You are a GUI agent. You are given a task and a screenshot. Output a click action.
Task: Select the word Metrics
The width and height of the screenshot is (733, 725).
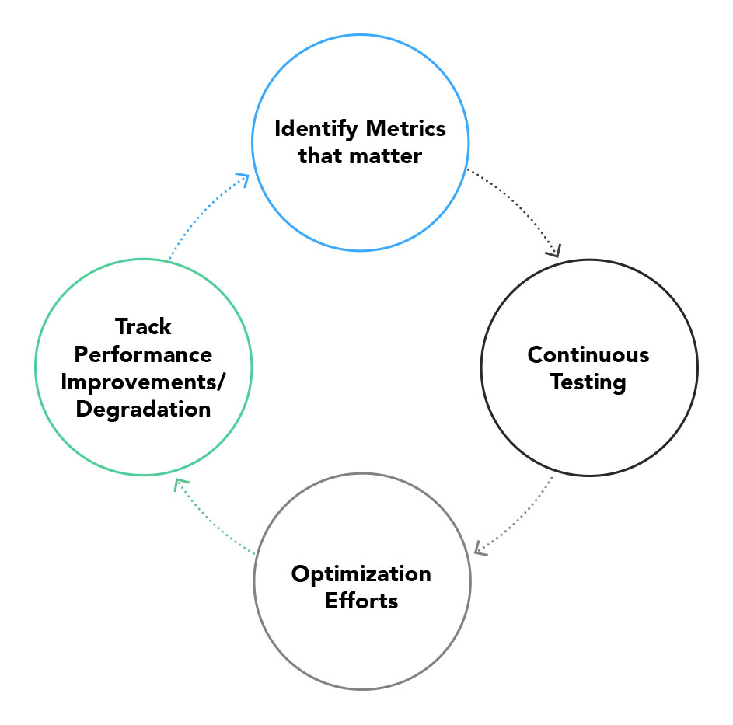pyautogui.click(x=406, y=128)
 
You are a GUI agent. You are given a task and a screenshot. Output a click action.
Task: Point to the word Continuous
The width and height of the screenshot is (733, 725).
pyautogui.click(x=588, y=355)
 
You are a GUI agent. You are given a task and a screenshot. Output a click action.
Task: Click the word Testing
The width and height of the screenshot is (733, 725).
pyautogui.click(x=588, y=383)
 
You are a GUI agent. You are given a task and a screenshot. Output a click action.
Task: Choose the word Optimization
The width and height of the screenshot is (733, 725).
pyautogui.click(x=361, y=574)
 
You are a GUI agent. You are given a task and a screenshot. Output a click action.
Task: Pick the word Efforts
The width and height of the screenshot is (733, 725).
pyautogui.click(x=361, y=601)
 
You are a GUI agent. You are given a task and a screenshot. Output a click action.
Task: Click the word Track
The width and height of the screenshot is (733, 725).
pyautogui.click(x=143, y=326)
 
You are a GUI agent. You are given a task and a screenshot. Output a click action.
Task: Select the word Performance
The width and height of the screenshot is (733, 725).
pyautogui.click(x=143, y=355)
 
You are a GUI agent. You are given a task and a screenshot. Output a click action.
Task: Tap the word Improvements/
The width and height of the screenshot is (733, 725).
pyautogui.click(x=143, y=382)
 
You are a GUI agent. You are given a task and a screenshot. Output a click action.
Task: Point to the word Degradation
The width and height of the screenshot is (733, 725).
pyautogui.click(x=143, y=410)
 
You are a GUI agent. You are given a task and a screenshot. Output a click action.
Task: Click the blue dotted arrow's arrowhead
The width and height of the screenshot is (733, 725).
pyautogui.click(x=243, y=179)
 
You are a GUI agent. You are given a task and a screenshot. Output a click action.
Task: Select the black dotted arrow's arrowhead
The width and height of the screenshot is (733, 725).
pyautogui.click(x=554, y=251)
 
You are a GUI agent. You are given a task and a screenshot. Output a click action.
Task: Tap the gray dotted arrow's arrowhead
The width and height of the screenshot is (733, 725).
pyautogui.click(x=480, y=549)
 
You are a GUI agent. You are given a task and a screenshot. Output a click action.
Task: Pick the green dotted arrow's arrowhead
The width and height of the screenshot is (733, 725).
pyautogui.click(x=180, y=484)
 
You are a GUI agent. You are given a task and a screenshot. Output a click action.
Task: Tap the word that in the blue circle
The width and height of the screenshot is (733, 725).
pyautogui.click(x=322, y=156)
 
